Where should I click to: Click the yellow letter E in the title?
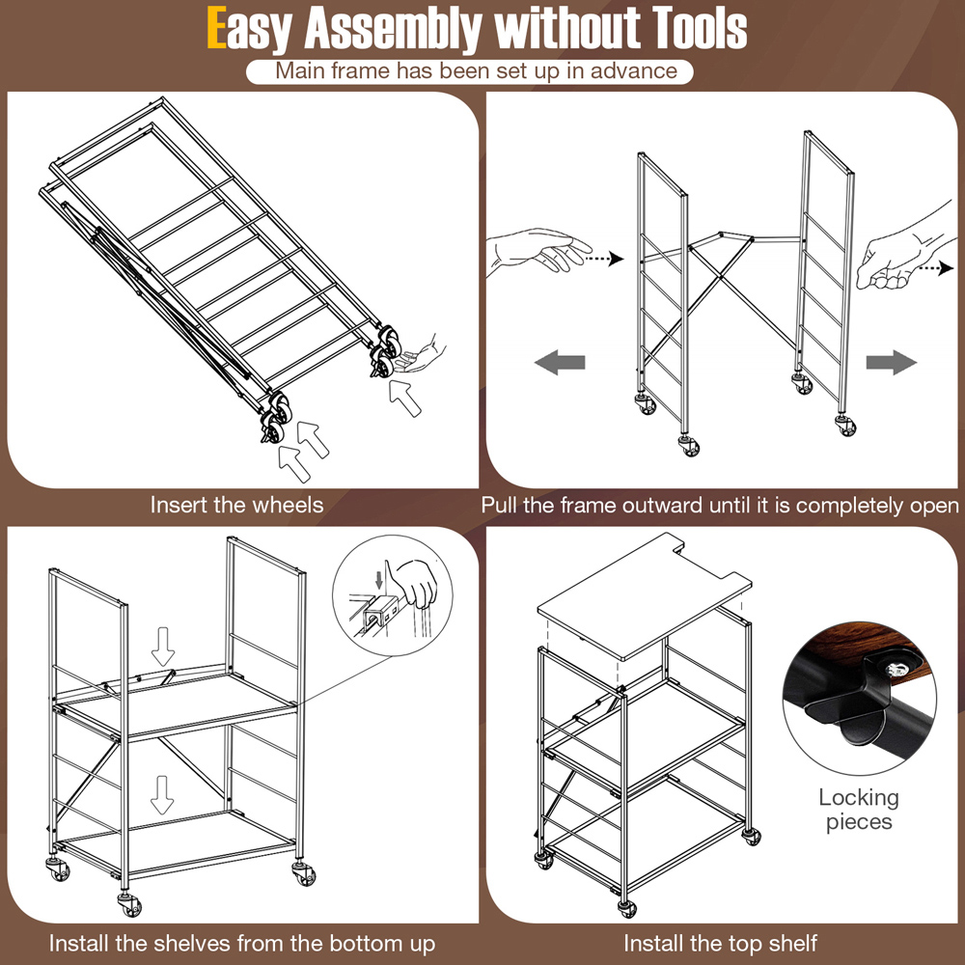216,28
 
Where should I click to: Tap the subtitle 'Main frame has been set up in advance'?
476,70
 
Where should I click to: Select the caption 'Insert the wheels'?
237,506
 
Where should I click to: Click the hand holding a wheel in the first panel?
423,355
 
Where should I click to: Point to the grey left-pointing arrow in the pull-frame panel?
560,362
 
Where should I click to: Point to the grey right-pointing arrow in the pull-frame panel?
891,362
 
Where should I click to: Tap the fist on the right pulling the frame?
905,252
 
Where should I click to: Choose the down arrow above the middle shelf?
163,647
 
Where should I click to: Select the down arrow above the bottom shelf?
162,794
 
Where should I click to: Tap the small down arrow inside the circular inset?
378,579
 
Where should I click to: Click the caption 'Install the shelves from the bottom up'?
242,944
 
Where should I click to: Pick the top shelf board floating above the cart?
644,595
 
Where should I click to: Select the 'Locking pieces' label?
859,810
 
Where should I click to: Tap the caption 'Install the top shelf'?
721,944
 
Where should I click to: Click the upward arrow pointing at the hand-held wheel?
405,399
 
